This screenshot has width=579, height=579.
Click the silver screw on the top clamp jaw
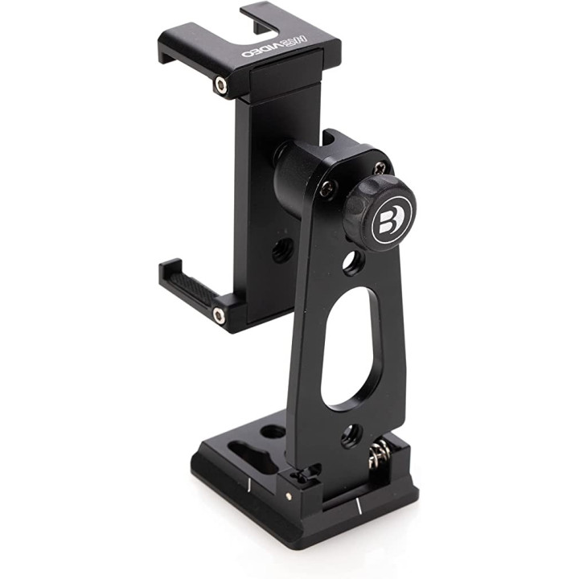pos(220,84)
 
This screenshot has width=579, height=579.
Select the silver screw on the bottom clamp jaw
pos(219,315)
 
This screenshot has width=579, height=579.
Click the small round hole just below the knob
pos(351,261)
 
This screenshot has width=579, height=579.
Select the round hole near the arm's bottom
pos(351,435)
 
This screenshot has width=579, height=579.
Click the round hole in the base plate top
pos(273,432)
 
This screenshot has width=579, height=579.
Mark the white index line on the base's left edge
pos(250,484)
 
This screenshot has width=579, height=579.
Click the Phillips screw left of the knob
pos(327,190)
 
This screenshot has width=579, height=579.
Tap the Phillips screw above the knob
pos(380,168)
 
